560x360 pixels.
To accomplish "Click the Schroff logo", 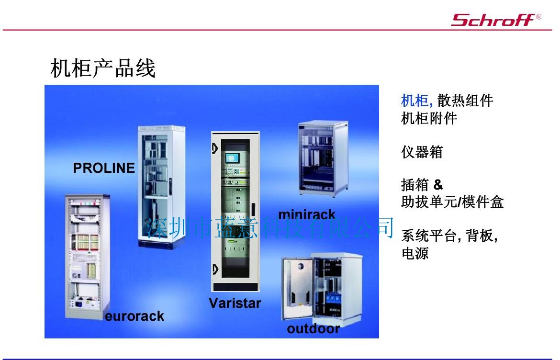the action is [496, 20].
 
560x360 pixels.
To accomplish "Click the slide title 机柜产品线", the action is [103, 68].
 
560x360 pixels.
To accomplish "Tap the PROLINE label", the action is [104, 168].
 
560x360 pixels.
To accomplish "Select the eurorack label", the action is [134, 316].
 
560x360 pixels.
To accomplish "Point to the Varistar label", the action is [235, 303].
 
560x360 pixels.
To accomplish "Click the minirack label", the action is [307, 214].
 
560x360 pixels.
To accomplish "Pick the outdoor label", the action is [313, 328].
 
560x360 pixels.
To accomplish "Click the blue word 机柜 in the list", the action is [414, 101].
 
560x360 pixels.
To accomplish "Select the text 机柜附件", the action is [429, 118].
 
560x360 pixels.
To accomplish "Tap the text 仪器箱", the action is [422, 152].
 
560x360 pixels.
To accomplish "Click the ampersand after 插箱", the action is [438, 185].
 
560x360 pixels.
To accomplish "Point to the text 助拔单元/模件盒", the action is [452, 202].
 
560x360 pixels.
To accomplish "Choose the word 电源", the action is [415, 253].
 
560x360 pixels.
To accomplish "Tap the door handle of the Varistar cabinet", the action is [253, 210].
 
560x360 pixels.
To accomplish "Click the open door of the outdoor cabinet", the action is [298, 289].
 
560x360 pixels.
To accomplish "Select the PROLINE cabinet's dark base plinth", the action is [161, 244].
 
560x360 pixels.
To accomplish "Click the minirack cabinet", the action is [323, 158].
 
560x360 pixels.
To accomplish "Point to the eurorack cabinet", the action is [87, 257].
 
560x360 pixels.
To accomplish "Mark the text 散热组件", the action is [465, 101].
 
